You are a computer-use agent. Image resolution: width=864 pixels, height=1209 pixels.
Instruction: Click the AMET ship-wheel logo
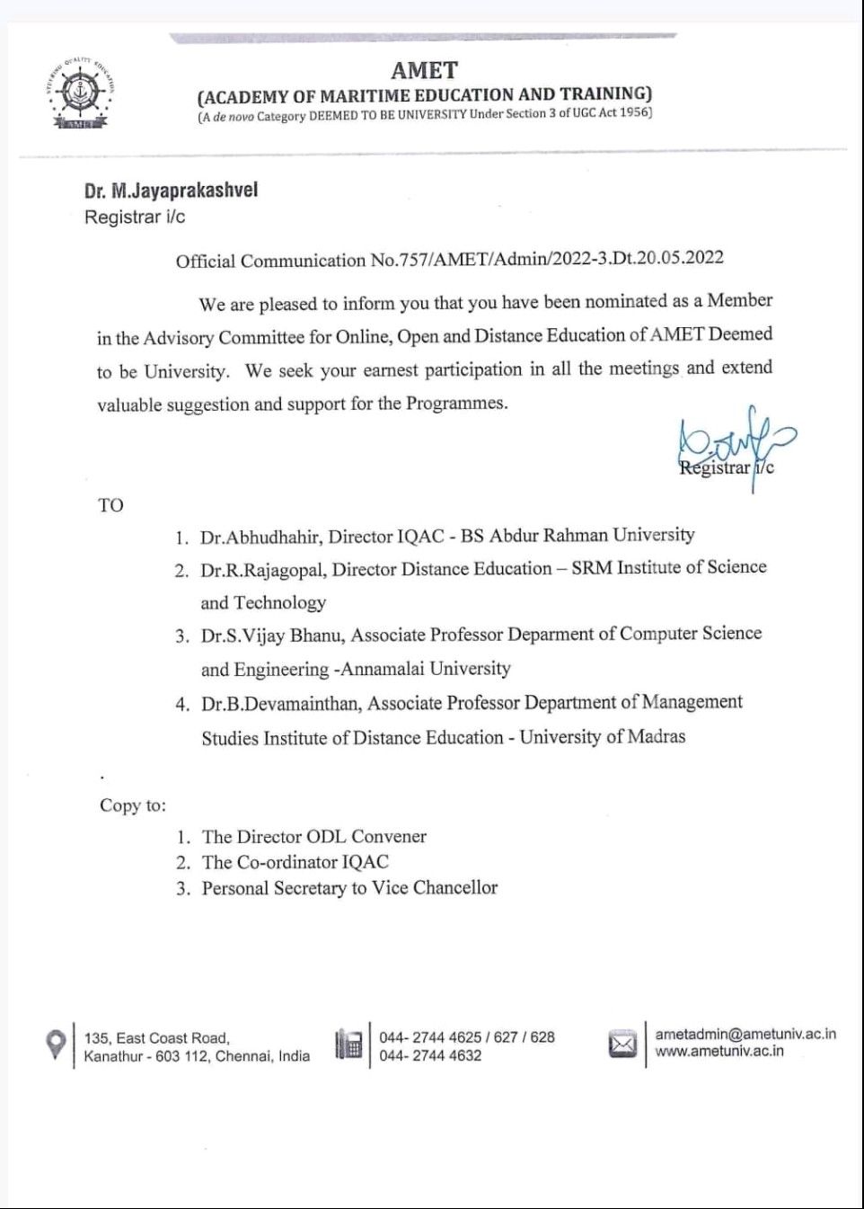81,93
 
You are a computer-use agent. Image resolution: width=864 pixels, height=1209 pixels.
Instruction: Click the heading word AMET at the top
424,70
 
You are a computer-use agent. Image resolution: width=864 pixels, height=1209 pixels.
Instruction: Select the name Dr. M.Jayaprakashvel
171,191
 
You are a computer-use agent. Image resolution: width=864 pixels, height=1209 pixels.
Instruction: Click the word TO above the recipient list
110,505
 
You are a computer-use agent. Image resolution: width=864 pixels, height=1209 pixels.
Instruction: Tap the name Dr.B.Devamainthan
279,704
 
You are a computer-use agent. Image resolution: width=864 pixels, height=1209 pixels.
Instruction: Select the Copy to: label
133,805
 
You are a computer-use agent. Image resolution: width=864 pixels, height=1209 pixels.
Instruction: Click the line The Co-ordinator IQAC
295,862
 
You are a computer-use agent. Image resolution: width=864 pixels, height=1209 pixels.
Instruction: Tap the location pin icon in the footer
56,1045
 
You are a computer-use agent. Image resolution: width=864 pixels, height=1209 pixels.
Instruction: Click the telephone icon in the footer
348,1045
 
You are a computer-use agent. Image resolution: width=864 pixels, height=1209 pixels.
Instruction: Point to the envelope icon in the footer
622,1045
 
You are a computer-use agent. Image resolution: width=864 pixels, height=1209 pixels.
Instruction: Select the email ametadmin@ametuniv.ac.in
745,1035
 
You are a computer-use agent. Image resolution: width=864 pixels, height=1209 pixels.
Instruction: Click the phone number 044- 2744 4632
430,1056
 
